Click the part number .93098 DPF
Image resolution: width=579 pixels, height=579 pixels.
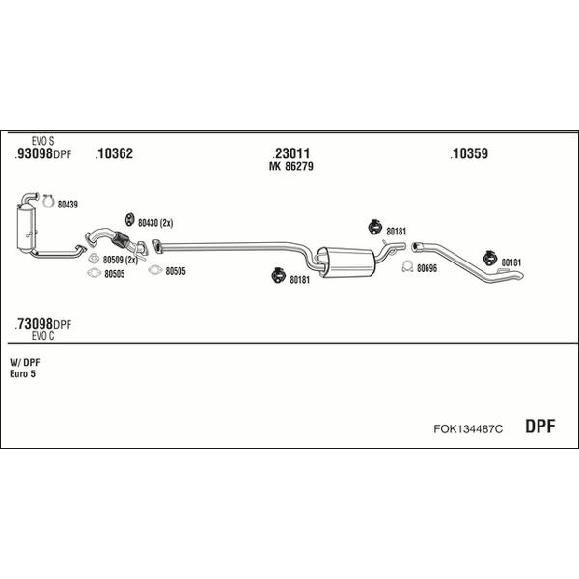click(x=42, y=153)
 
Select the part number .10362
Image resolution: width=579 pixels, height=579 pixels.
click(x=114, y=153)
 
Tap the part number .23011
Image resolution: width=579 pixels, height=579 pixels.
click(x=291, y=153)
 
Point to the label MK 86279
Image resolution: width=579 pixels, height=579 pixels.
click(x=291, y=166)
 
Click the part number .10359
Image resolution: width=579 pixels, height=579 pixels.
click(x=469, y=153)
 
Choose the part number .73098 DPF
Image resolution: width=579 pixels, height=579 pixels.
click(x=42, y=324)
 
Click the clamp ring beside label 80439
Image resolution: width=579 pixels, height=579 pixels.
click(x=48, y=202)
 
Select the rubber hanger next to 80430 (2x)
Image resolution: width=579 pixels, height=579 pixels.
click(x=129, y=219)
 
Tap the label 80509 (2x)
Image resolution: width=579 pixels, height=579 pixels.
click(x=120, y=260)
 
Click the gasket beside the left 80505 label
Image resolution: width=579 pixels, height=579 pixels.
click(x=95, y=273)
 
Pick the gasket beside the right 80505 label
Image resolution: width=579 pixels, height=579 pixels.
click(x=154, y=270)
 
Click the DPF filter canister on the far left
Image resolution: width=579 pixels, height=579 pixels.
click(x=26, y=229)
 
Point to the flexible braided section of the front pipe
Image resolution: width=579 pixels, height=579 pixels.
click(x=121, y=239)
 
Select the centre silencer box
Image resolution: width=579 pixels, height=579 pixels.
click(x=346, y=262)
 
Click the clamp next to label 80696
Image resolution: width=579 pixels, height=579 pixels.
click(x=407, y=266)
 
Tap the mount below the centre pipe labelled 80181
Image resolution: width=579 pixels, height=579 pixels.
click(x=277, y=275)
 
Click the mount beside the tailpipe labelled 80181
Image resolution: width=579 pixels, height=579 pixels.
click(x=490, y=258)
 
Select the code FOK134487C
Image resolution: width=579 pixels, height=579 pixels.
click(x=468, y=428)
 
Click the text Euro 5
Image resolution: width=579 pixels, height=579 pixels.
click(x=22, y=374)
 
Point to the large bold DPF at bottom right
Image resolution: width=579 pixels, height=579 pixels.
click(x=539, y=427)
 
